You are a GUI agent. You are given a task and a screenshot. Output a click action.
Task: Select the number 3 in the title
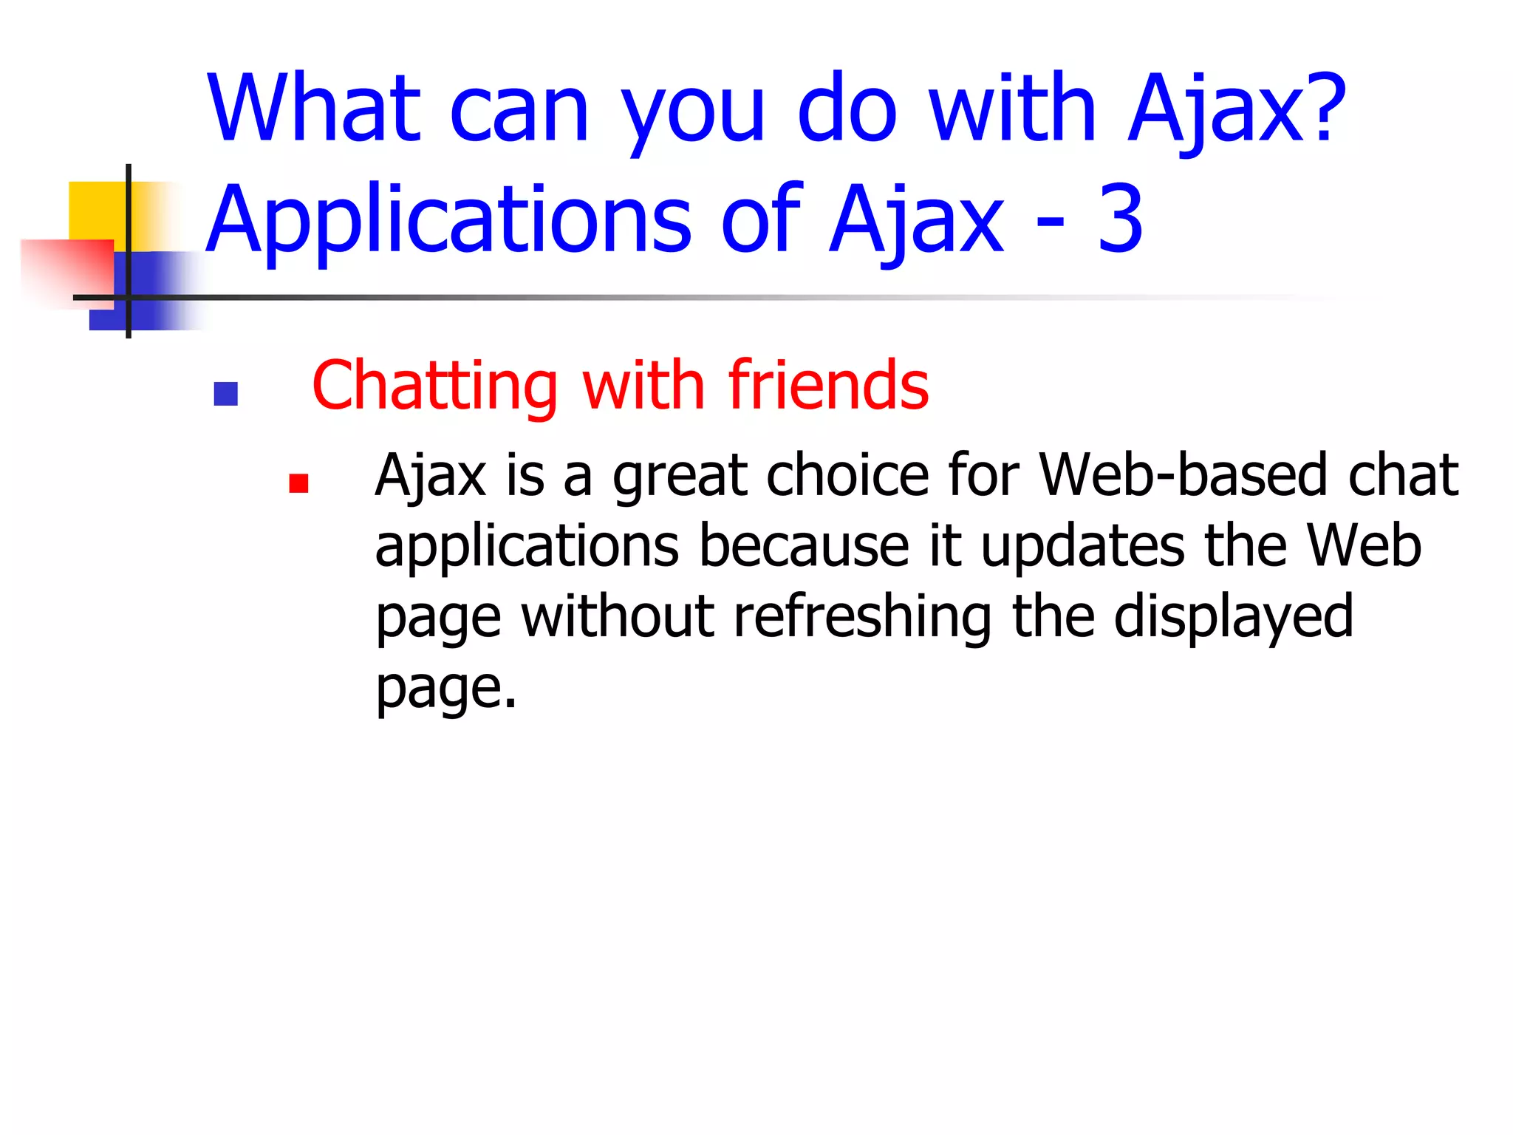[x=1120, y=219]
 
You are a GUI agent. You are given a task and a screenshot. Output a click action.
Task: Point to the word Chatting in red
[x=434, y=386]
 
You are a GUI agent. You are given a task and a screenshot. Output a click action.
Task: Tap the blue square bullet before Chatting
[x=225, y=394]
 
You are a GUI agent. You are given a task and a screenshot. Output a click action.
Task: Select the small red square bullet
[x=298, y=483]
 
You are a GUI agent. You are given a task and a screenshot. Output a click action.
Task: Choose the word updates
[x=1082, y=547]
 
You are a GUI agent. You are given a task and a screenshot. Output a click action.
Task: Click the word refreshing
[x=862, y=616]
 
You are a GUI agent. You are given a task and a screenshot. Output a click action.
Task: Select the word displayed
[x=1233, y=618]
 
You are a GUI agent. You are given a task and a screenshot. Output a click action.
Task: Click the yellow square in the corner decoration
[x=96, y=210]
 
